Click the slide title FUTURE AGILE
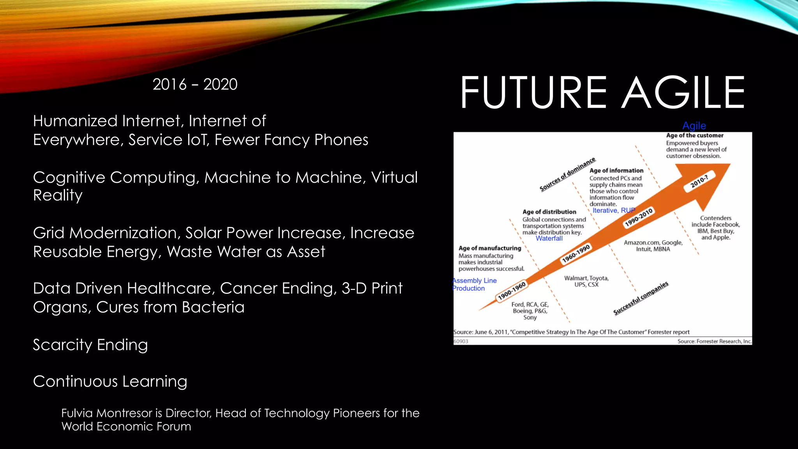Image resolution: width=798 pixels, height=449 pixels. tap(602, 93)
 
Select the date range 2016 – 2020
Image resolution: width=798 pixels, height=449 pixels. tap(195, 84)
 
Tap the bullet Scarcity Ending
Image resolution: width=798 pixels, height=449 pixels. tap(90, 345)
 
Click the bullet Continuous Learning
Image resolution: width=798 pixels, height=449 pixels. tap(110, 381)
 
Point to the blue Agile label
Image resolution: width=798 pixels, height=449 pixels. tap(694, 126)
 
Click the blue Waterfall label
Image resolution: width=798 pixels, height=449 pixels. tap(549, 239)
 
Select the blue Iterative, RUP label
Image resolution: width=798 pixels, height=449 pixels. tap(614, 210)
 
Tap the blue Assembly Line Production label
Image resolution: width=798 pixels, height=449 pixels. tap(474, 285)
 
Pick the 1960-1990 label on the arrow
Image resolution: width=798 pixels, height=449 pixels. tap(576, 254)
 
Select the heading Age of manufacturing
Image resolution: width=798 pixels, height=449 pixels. tap(490, 248)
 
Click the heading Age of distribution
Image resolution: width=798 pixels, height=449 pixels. tap(549, 212)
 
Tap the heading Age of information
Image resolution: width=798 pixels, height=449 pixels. tap(616, 171)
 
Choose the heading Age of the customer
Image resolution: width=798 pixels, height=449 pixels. tap(694, 136)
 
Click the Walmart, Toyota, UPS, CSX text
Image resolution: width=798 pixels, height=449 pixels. tap(586, 281)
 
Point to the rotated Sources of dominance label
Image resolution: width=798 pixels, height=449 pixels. tap(567, 174)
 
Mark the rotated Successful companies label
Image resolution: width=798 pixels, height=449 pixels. tap(641, 298)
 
